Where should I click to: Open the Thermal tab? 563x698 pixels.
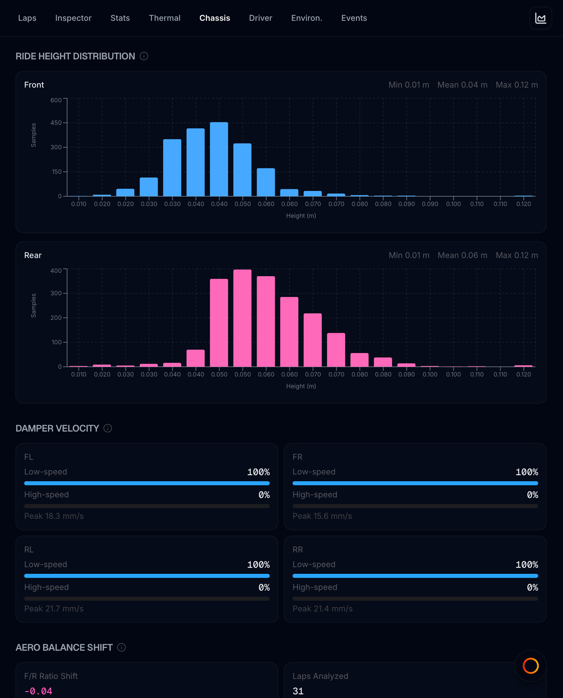(165, 18)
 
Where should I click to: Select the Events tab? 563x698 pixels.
(354, 18)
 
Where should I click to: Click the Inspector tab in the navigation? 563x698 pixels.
(73, 18)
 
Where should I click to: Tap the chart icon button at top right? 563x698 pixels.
(540, 18)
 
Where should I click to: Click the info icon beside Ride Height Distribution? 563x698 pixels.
(144, 56)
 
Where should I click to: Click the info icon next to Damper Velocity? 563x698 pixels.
(108, 428)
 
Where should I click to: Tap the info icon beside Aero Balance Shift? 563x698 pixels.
(121, 647)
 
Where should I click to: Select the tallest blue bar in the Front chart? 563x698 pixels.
(219, 159)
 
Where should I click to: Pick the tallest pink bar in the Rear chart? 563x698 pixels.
(242, 318)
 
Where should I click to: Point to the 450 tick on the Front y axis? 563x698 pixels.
(56, 123)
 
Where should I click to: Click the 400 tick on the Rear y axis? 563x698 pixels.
(56, 271)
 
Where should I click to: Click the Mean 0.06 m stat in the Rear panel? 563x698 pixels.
(462, 255)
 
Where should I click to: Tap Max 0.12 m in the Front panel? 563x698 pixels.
(517, 85)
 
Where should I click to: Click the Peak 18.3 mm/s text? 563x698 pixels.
(54, 516)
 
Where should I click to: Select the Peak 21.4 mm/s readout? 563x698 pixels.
(322, 608)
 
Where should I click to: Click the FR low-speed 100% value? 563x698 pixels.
(527, 472)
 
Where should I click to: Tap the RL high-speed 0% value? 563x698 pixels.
(264, 587)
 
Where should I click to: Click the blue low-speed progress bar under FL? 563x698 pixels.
(147, 483)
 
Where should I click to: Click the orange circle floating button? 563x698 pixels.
(531, 666)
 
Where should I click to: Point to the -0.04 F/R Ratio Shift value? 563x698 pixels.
(38, 691)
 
